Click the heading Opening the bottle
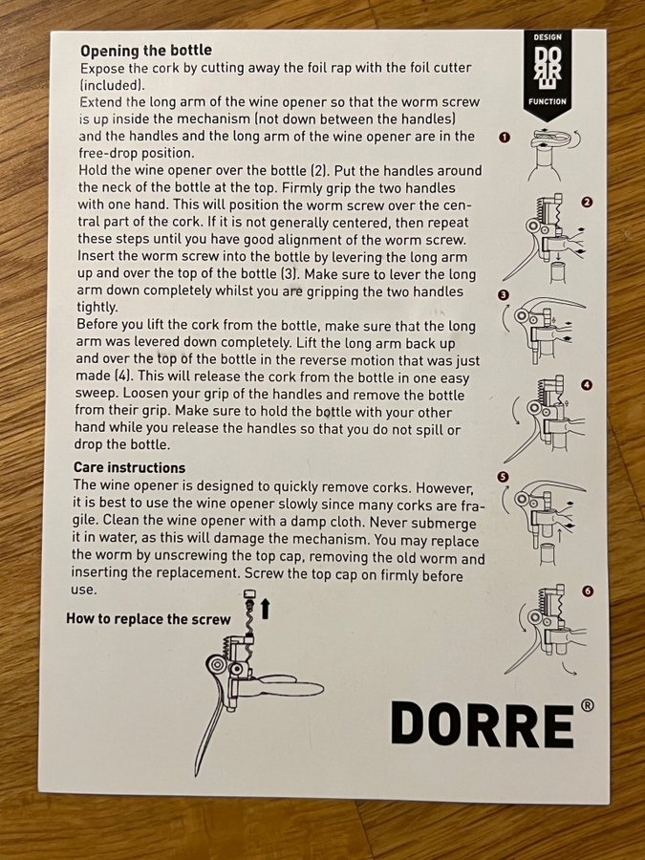point(146,51)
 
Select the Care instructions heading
point(129,467)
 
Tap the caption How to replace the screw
point(148,619)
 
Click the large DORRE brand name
point(483,724)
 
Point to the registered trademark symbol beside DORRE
point(587,705)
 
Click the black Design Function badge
point(547,74)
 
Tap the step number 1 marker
point(504,137)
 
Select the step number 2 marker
point(587,203)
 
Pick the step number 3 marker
point(503,295)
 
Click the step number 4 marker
point(587,385)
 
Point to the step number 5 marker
point(503,477)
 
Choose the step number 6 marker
point(588,591)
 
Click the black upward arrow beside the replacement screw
point(266,609)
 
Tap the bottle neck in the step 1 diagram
point(545,164)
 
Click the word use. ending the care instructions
point(84,591)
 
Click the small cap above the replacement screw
point(249,594)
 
